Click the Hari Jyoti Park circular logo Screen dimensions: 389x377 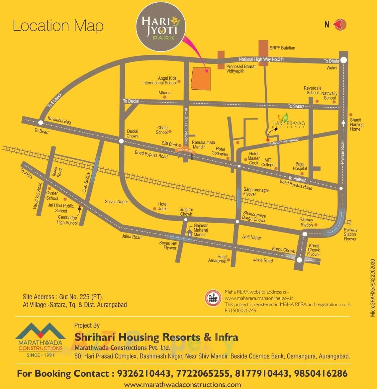(x=161, y=28)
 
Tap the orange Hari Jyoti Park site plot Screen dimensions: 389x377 (x=201, y=78)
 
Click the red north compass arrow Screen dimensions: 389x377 (x=340, y=24)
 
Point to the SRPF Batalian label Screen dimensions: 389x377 (x=282, y=48)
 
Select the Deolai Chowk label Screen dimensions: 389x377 (x=133, y=134)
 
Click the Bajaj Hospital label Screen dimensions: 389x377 (x=300, y=166)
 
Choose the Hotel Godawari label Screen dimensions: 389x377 (x=220, y=151)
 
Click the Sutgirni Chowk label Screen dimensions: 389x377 (x=186, y=212)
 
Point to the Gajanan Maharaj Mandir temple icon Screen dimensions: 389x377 (x=189, y=232)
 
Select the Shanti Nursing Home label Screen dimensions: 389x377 (x=357, y=125)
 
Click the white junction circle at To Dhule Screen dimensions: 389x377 (x=344, y=60)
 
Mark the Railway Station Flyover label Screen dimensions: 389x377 (x=350, y=234)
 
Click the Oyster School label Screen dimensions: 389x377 (x=52, y=196)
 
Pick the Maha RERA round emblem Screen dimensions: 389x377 (x=213, y=298)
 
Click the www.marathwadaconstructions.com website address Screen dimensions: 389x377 (x=182, y=385)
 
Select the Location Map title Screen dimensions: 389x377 (x=58, y=26)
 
